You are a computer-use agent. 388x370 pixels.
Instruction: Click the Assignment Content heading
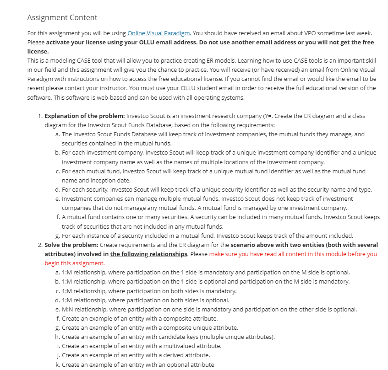(x=62, y=18)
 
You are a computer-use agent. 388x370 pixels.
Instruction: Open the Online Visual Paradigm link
(x=159, y=33)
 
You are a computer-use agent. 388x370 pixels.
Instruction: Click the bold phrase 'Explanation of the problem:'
(x=84, y=116)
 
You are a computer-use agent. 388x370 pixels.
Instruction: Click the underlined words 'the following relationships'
(x=148, y=254)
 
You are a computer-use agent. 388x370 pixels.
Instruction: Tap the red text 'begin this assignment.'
(x=75, y=263)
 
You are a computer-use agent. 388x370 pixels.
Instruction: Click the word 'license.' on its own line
(x=38, y=51)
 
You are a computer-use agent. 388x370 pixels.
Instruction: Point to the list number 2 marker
(x=40, y=245)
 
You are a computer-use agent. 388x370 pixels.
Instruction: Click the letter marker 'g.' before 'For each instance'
(x=57, y=236)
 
